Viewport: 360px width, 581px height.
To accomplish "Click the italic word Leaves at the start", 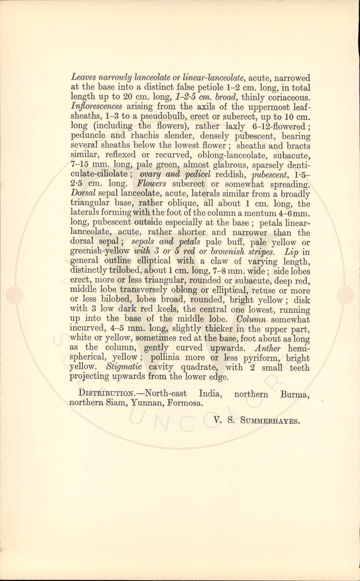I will click(82, 78).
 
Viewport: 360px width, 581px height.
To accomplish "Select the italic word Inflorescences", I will click(97, 107).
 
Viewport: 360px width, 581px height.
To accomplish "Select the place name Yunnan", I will click(146, 403).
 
